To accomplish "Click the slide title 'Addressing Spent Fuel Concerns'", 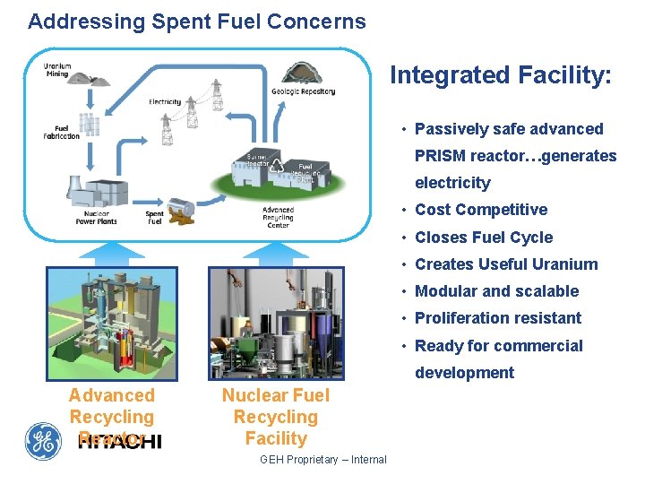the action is (x=197, y=22).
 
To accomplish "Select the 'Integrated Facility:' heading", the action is (x=501, y=75).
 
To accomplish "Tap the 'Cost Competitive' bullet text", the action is (x=481, y=210).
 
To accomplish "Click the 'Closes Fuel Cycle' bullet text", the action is (x=484, y=238).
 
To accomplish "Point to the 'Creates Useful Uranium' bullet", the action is (x=506, y=264).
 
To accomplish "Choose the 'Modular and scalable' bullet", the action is (x=497, y=291).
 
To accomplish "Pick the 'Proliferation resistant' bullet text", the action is (x=498, y=318).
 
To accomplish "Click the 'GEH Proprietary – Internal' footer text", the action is (x=323, y=460).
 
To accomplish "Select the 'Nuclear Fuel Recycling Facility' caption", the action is (x=276, y=417).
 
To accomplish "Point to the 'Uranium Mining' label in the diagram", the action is (x=58, y=71).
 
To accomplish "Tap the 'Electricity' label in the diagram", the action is (x=165, y=102).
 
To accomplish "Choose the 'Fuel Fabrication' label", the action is (x=62, y=132).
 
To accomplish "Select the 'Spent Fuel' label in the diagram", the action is (x=155, y=218).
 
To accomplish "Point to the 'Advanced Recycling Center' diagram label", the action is (x=278, y=218).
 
